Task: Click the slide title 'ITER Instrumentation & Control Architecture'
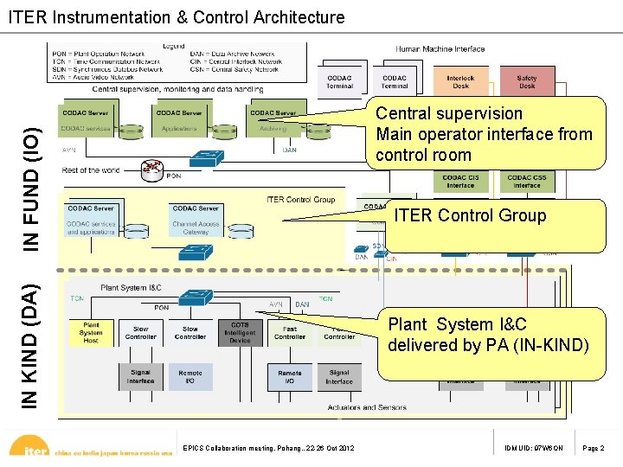(x=177, y=17)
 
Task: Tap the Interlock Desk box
(x=460, y=81)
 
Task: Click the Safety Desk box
(x=527, y=81)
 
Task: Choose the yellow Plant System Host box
(x=91, y=333)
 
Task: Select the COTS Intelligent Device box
(x=240, y=333)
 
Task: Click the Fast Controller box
(x=290, y=333)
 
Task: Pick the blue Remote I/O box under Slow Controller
(x=190, y=377)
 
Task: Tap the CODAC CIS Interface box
(x=460, y=182)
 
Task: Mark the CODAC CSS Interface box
(x=527, y=182)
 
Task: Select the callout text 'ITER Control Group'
(x=470, y=215)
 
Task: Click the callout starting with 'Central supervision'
(x=484, y=134)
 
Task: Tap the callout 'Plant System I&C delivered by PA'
(x=488, y=336)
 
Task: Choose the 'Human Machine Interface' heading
(x=440, y=49)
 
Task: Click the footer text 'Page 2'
(x=594, y=448)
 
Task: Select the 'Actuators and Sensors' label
(x=367, y=407)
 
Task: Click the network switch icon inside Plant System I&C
(x=189, y=297)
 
